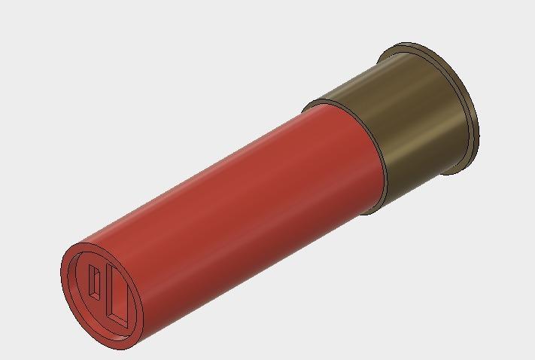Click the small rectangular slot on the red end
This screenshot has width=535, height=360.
95,282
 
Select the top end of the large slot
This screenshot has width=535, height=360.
111,265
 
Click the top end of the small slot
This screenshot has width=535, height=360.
92,267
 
